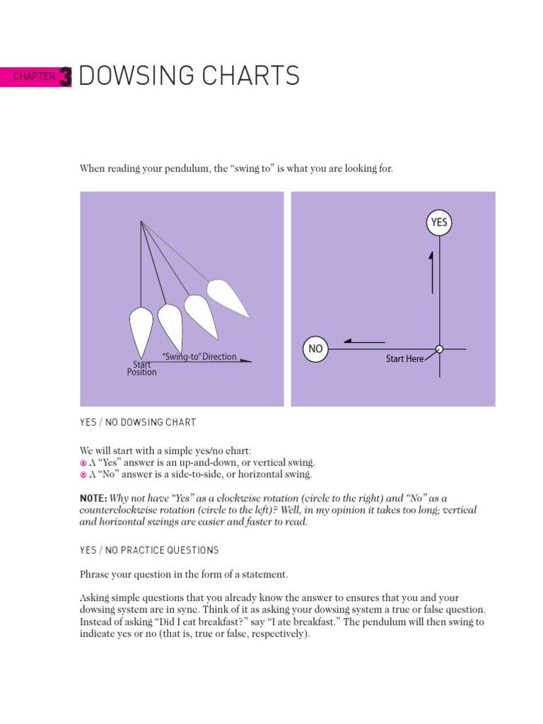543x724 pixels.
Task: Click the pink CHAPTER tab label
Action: (x=33, y=76)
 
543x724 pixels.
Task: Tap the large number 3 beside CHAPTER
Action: (x=66, y=76)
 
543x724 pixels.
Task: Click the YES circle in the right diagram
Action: (x=439, y=222)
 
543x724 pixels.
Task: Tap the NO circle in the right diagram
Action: (x=315, y=349)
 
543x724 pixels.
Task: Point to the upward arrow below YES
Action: (x=431, y=271)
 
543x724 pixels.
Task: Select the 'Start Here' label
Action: (x=404, y=358)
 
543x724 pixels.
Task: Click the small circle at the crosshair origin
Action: (x=439, y=349)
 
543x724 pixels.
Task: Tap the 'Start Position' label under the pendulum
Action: (x=141, y=368)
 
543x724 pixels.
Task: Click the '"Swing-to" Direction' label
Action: (x=199, y=356)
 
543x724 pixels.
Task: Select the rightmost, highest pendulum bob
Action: (x=227, y=298)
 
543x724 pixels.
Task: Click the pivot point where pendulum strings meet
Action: (x=141, y=222)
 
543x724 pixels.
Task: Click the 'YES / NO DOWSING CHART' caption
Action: (x=137, y=422)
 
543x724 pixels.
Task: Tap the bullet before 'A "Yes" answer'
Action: (x=83, y=462)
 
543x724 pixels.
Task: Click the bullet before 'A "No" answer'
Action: (x=83, y=474)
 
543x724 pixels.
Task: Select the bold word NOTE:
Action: (x=93, y=498)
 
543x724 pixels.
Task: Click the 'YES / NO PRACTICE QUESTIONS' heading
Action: (x=148, y=550)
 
